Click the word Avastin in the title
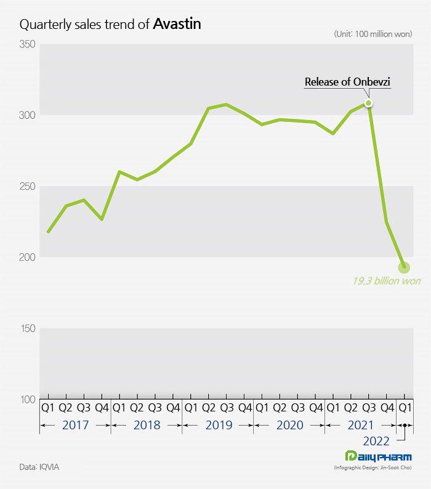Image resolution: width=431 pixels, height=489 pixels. point(177,24)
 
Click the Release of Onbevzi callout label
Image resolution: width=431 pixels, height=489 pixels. point(348,82)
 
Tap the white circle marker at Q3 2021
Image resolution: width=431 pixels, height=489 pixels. point(368,103)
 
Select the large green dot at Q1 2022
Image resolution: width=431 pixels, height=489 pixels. point(404,267)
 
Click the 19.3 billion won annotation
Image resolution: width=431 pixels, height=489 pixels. point(386,281)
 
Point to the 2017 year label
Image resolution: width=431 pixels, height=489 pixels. point(75,425)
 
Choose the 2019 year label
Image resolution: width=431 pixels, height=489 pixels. point(218,425)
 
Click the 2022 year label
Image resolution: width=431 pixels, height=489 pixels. point(376,441)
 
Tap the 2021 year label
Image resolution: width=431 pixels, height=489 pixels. point(360,425)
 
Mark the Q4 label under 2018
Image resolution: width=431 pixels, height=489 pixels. point(173,408)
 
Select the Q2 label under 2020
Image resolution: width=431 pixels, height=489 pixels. point(280,408)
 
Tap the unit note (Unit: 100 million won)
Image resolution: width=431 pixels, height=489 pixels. point(373,34)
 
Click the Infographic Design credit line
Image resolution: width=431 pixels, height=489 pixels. point(373,469)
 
